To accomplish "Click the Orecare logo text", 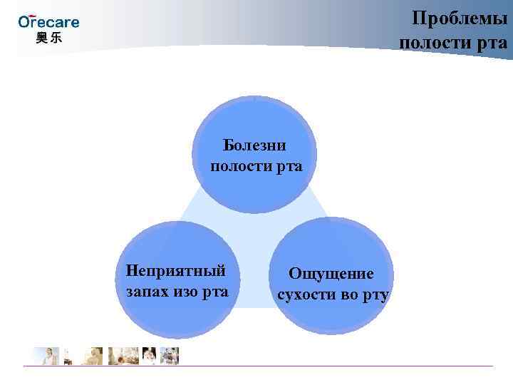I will click(x=48, y=22).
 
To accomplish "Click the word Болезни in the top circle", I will click(x=254, y=145).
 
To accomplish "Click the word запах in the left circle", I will click(x=145, y=292).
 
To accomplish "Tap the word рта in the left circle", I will click(x=214, y=292).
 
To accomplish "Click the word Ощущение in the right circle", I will click(x=331, y=274).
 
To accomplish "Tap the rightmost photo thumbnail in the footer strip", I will click(x=170, y=356).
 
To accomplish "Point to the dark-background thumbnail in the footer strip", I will click(x=150, y=356).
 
